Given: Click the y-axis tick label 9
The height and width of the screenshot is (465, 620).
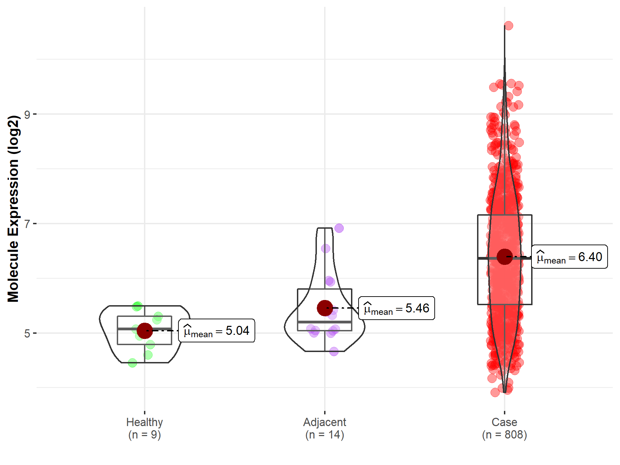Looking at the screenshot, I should click(27, 114).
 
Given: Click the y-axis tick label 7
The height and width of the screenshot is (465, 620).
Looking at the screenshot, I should click(27, 224).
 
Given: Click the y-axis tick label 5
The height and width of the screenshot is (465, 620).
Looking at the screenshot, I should click(27, 333).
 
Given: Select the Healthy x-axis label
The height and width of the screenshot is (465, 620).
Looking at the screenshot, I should click(144, 422).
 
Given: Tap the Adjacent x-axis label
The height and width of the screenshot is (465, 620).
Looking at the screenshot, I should click(324, 422).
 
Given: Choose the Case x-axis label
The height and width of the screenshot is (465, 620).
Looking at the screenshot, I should click(504, 422).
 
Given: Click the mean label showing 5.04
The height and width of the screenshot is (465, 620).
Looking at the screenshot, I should click(217, 331).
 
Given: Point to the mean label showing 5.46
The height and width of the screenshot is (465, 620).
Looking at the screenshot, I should click(396, 308).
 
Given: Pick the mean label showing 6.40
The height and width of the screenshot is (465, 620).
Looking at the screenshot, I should click(569, 257).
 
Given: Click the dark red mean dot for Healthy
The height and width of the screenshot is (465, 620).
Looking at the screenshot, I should click(145, 331).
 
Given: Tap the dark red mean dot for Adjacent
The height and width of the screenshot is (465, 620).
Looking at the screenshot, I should click(325, 308).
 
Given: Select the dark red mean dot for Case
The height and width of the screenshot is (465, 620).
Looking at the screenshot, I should click(505, 257).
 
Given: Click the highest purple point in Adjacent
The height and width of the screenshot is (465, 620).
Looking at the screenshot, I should click(339, 228).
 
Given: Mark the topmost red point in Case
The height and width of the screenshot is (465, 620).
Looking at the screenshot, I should click(508, 26).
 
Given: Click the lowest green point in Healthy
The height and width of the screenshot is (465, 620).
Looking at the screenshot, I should click(132, 363).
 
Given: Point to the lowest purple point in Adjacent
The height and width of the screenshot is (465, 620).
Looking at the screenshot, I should click(334, 352).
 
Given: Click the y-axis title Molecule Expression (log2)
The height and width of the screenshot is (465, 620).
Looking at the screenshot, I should click(13, 209).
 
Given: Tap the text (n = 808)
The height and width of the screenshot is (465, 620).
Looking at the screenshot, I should click(504, 435).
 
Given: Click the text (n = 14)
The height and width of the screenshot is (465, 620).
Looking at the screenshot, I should click(324, 435).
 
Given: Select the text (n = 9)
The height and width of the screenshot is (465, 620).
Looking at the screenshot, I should click(144, 435).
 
